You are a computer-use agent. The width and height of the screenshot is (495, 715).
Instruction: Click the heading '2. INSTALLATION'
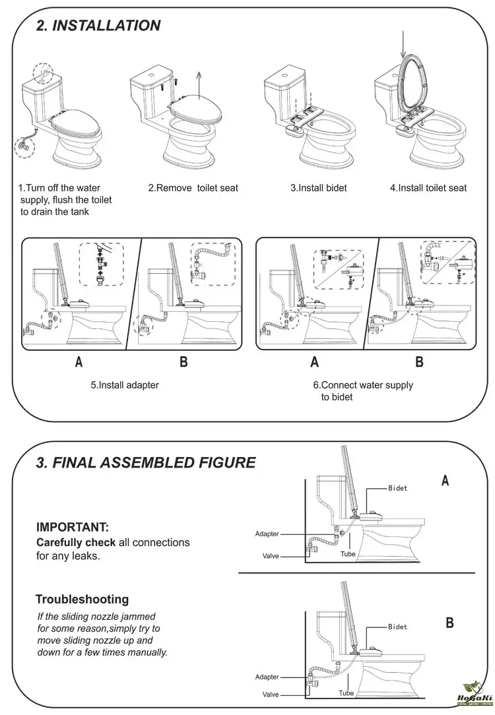[x=98, y=26]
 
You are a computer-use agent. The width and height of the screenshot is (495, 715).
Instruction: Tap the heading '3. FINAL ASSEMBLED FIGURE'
[x=145, y=462]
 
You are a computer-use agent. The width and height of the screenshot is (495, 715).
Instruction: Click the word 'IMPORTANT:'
[x=72, y=527]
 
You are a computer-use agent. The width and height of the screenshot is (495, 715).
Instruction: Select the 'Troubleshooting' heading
[x=82, y=600]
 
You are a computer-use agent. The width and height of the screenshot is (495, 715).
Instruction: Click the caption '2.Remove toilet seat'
[x=193, y=188]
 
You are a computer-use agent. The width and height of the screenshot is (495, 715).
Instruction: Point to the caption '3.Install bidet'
[x=318, y=188]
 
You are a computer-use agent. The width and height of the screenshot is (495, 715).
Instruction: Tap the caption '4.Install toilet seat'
[x=428, y=188]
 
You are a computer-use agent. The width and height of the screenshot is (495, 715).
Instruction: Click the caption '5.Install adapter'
[x=125, y=385]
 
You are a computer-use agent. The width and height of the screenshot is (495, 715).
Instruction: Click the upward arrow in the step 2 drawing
[x=199, y=85]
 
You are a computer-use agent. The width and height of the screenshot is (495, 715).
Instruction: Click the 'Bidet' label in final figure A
[x=397, y=488]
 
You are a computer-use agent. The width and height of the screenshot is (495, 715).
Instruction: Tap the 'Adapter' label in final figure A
[x=267, y=534]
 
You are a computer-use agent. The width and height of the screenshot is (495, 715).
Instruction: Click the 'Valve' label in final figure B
[x=271, y=694]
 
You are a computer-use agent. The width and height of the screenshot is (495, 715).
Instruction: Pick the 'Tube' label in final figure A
[x=348, y=554]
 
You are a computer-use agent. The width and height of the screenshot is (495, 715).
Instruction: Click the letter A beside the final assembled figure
[x=445, y=481]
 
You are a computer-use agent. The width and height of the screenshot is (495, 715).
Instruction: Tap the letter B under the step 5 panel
[x=183, y=361]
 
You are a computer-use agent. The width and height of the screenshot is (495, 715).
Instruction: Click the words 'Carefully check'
[x=75, y=542]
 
